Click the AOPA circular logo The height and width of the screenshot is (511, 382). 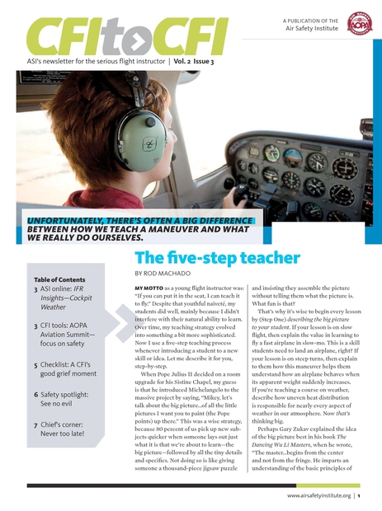[x=360, y=24]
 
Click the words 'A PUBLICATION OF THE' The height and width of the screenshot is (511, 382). [x=310, y=19]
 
